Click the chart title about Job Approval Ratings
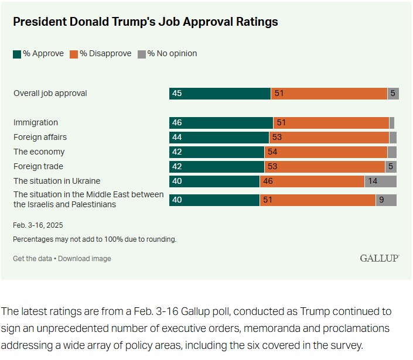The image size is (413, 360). pyautogui.click(x=145, y=22)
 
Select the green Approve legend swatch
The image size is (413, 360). pyautogui.click(x=17, y=54)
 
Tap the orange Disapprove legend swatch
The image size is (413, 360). pyautogui.click(x=74, y=54)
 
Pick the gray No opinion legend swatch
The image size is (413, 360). pyautogui.click(x=141, y=54)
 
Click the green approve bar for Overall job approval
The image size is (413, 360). pyautogui.click(x=220, y=94)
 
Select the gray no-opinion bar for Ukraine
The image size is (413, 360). pyautogui.click(x=380, y=181)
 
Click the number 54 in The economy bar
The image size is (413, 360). pyautogui.click(x=272, y=152)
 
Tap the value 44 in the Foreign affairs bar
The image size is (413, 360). pyautogui.click(x=177, y=138)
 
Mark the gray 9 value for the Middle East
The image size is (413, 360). pyautogui.click(x=381, y=200)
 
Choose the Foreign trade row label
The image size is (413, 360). pyautogui.click(x=38, y=166)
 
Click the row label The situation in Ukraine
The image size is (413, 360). pyautogui.click(x=57, y=181)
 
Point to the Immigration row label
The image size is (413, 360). pyautogui.click(x=36, y=123)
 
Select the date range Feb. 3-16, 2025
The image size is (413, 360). pyautogui.click(x=38, y=225)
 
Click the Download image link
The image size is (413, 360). pyautogui.click(x=84, y=258)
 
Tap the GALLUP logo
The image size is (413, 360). pyautogui.click(x=380, y=258)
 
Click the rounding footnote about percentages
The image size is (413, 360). pyautogui.click(x=94, y=239)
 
